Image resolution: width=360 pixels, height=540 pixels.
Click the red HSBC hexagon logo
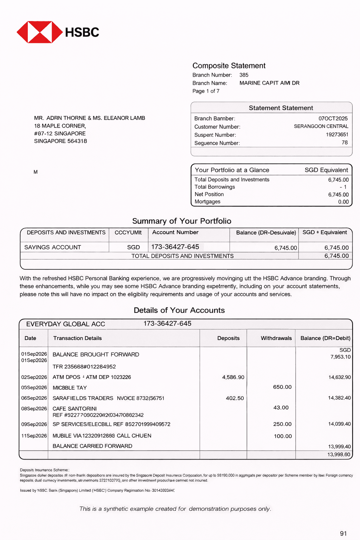(39, 32)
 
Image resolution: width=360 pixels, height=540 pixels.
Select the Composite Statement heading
(229, 66)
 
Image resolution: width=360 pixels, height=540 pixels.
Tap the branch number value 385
(244, 75)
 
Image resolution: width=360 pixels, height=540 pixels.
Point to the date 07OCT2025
(333, 118)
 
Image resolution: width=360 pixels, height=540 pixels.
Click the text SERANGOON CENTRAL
(321, 126)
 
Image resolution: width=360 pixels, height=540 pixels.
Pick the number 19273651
(337, 134)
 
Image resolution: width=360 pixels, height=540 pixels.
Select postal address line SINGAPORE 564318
(60, 141)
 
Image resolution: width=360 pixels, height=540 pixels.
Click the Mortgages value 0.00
(343, 202)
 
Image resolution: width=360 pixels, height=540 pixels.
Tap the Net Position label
(209, 194)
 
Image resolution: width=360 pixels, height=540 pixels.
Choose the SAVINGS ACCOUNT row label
(53, 247)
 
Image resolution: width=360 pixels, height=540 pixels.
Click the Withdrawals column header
(276, 338)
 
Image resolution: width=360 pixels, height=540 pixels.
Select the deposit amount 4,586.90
(233, 377)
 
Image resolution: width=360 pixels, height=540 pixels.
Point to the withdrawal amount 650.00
(282, 387)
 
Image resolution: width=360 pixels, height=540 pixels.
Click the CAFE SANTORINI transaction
(75, 409)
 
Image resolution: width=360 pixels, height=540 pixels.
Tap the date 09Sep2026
(34, 424)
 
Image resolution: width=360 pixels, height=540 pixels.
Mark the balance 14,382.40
(339, 398)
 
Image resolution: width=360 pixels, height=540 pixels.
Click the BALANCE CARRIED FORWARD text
(92, 446)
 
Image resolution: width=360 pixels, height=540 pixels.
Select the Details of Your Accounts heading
(179, 310)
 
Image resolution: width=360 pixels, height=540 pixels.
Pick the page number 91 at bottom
(343, 533)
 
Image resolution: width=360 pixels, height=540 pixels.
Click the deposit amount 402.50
(234, 398)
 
